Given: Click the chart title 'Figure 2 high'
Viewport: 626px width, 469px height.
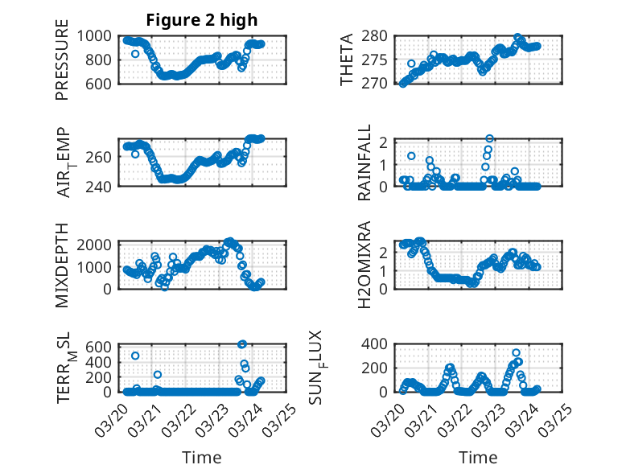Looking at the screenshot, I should [202, 20].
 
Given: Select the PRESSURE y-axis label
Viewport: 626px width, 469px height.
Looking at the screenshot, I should [62, 65].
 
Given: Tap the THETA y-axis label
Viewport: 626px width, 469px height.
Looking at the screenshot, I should [347, 60].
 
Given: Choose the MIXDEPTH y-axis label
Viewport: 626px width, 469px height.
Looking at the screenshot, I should [62, 264].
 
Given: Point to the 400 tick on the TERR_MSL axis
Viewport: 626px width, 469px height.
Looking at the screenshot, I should [104, 362].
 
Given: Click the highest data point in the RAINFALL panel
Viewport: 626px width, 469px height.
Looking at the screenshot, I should [489, 138].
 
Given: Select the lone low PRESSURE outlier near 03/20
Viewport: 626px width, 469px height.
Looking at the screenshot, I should [135, 54].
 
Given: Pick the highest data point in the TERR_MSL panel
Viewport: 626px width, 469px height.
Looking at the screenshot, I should [242, 344].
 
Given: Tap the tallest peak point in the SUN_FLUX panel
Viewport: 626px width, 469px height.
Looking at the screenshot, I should [517, 352].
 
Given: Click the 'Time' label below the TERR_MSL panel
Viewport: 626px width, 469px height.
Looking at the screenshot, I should [202, 457].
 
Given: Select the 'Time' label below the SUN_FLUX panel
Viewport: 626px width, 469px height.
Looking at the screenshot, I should [478, 457].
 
